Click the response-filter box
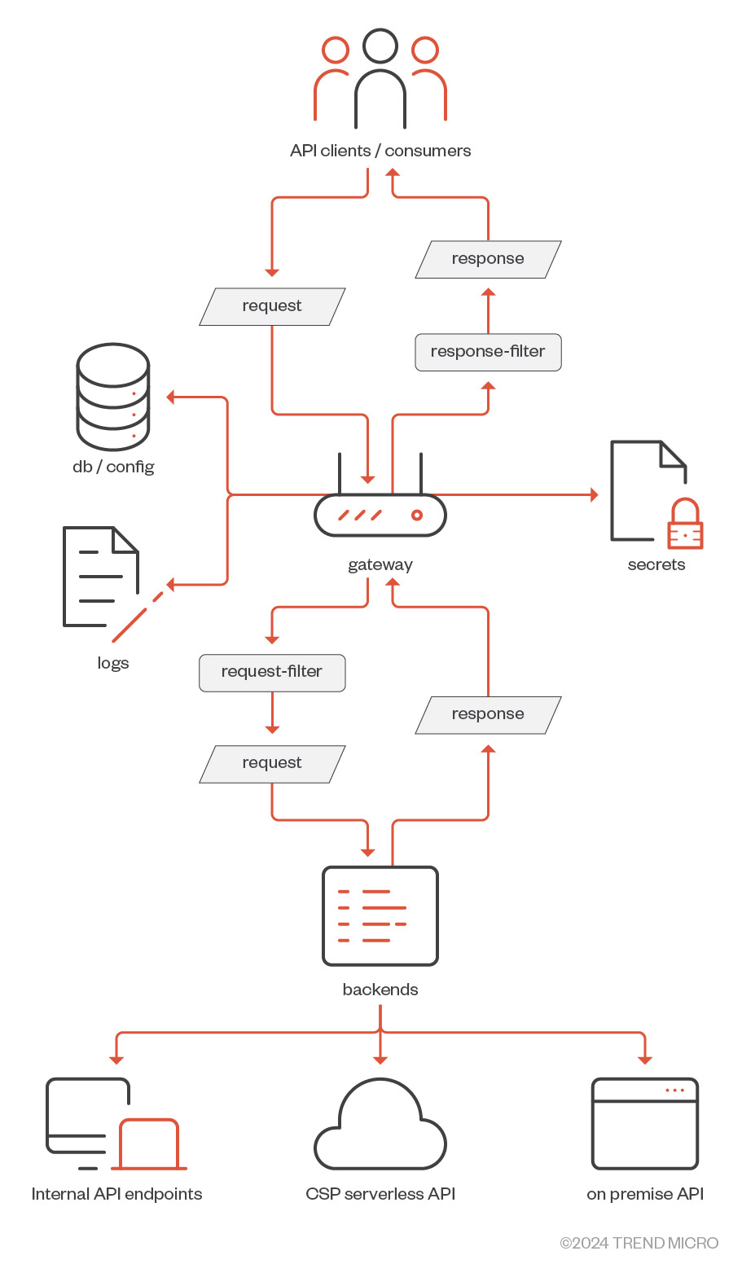(x=488, y=352)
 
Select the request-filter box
(x=272, y=673)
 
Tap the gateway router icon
(x=380, y=514)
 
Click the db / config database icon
(x=113, y=397)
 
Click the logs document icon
(x=101, y=577)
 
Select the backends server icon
(x=380, y=916)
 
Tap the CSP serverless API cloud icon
(x=380, y=1128)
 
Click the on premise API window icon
(x=645, y=1124)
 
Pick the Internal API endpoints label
(x=116, y=1194)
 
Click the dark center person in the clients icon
(x=380, y=77)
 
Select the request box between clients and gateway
(x=272, y=306)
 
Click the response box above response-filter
(x=488, y=259)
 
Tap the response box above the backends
(x=488, y=714)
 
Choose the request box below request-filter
(x=272, y=764)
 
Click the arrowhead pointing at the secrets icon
(x=594, y=494)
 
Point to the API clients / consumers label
(x=380, y=151)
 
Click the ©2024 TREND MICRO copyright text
(x=639, y=1243)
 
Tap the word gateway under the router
(x=380, y=564)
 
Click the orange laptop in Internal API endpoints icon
(x=149, y=1145)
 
